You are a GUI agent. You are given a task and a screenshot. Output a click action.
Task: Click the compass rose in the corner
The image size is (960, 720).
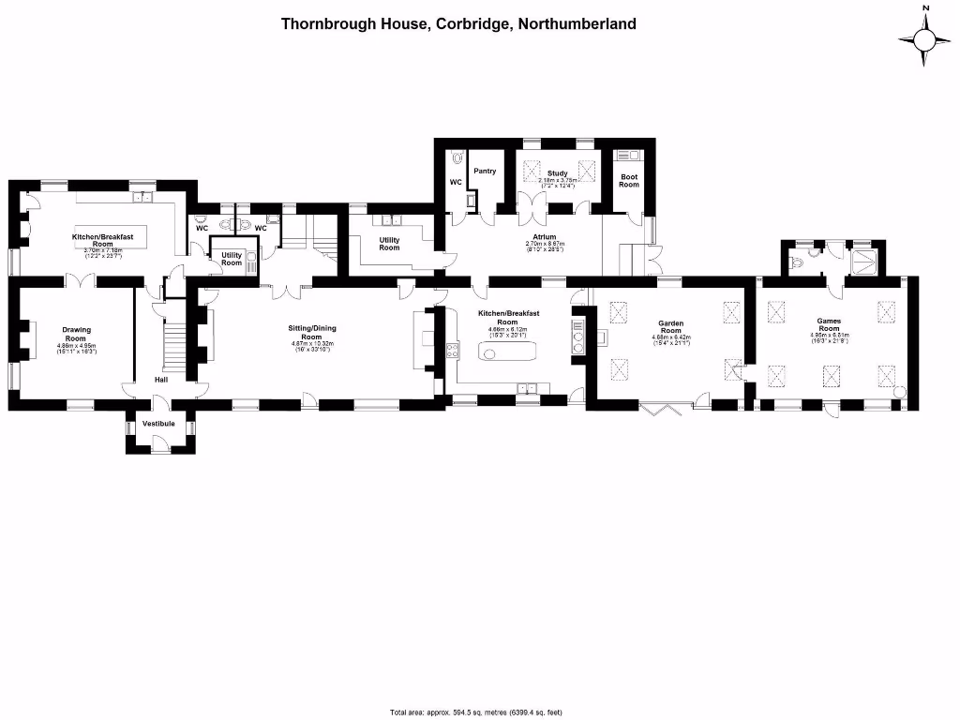[x=924, y=38]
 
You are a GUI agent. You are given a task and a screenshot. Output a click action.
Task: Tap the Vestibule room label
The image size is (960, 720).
[x=158, y=424]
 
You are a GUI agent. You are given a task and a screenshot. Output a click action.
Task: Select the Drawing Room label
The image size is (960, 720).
[x=76, y=334]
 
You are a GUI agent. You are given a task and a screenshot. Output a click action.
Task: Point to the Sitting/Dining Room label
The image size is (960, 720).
[x=311, y=332]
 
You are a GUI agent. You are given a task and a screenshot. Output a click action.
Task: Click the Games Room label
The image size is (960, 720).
[x=829, y=324]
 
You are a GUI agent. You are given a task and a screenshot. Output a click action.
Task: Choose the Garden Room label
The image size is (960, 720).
[x=670, y=327]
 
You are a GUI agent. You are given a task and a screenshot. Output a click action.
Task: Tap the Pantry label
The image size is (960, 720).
[x=485, y=172]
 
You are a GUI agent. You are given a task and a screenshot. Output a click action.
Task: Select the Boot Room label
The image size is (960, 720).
[x=628, y=180]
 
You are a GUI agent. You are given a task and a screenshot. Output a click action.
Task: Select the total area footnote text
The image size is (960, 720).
[x=475, y=712]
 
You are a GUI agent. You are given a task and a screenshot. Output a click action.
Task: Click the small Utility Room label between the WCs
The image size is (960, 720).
[x=232, y=258]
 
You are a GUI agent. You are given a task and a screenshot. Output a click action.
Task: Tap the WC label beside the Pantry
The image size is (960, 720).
[x=457, y=182]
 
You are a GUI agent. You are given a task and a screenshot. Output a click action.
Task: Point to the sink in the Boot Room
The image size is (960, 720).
[x=627, y=155]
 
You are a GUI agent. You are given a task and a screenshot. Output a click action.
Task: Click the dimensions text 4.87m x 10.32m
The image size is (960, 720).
[x=311, y=343]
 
